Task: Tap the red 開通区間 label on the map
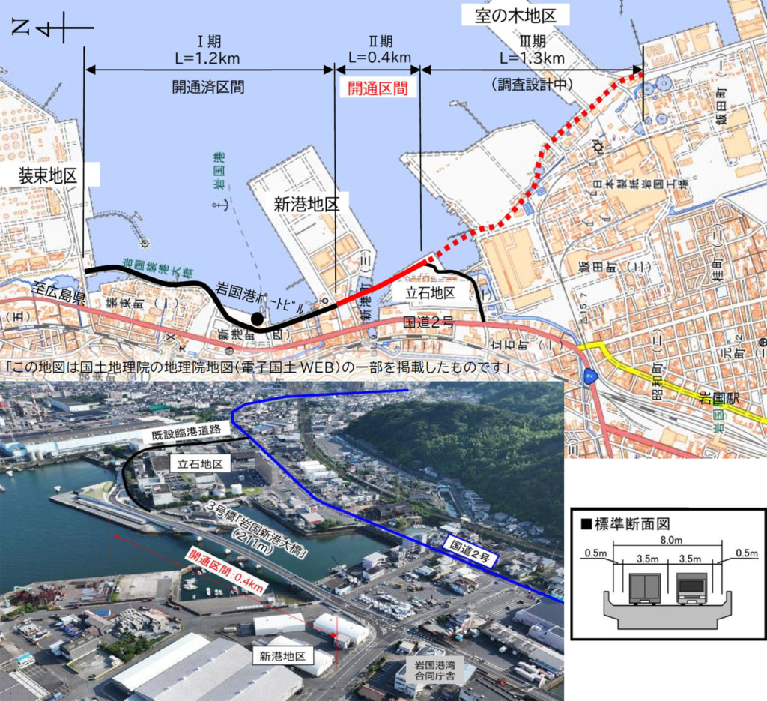377,88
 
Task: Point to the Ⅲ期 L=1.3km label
532,49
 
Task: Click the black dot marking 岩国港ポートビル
257,319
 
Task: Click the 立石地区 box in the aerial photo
199,464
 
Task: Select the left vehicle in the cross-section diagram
643,589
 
